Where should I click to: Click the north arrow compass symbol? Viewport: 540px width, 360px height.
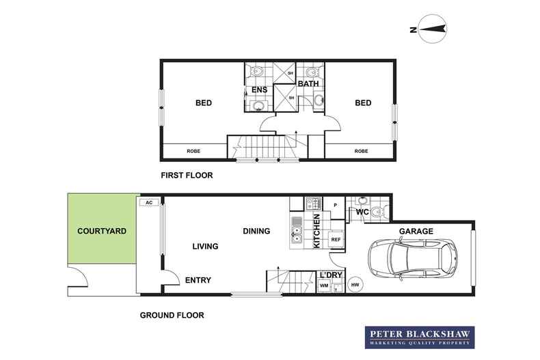pos(432,29)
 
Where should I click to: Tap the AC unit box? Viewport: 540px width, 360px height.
pos(149,202)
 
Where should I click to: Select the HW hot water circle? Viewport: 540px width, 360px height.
pos(355,285)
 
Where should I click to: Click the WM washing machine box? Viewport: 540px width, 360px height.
pos(324,286)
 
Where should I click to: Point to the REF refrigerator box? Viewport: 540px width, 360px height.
pos(336,239)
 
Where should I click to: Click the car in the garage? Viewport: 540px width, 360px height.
pos(413,258)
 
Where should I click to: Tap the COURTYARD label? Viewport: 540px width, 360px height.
pos(102,231)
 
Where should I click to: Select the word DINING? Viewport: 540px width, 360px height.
pos(256,231)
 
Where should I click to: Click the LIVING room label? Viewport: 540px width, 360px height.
pos(205,246)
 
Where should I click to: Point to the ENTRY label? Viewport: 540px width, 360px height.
pos(198,280)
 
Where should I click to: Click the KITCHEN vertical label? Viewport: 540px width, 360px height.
pos(317,231)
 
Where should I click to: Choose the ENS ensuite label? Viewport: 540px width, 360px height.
pos(259,89)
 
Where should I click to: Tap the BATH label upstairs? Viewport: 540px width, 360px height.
pos(308,83)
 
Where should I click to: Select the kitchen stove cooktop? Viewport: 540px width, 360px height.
pos(313,204)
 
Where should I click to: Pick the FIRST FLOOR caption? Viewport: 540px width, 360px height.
pos(187,175)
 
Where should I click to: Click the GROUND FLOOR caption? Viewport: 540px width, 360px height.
pos(172,315)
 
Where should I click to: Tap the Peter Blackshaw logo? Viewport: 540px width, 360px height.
pos(420,337)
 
